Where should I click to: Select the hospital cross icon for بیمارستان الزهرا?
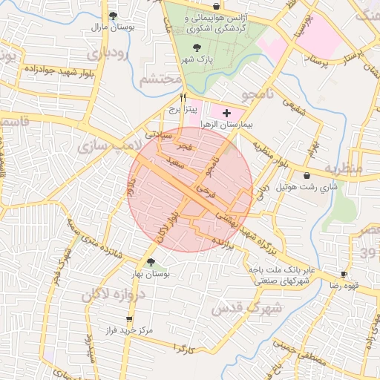point(226,111)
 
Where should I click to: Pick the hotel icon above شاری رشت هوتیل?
point(307,176)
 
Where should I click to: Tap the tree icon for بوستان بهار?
point(151,262)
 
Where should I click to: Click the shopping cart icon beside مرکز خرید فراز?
point(108,319)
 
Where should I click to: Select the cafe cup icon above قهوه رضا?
point(343,274)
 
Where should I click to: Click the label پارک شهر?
point(199,59)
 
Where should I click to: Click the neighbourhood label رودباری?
point(109,54)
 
